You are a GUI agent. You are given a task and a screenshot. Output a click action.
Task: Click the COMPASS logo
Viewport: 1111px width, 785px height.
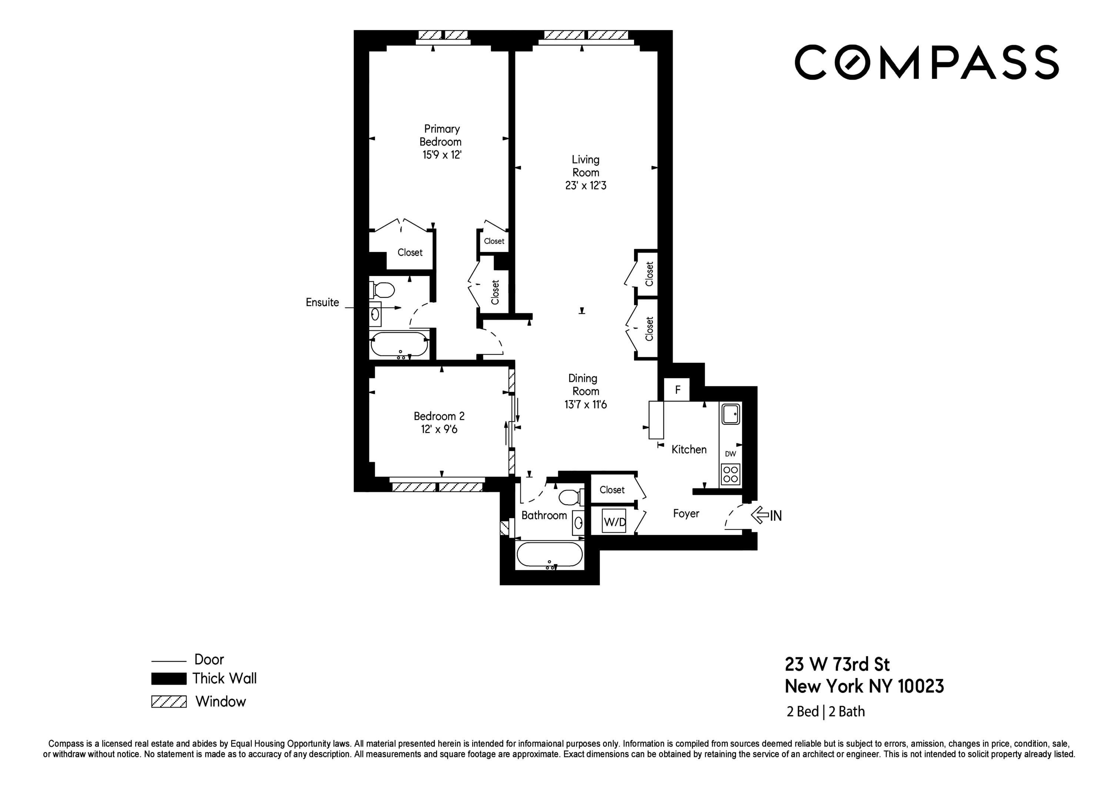[x=926, y=63]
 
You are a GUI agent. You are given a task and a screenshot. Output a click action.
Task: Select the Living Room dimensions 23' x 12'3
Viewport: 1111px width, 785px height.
[x=585, y=185]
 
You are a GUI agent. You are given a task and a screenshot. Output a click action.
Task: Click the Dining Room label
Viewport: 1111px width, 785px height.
[x=583, y=385]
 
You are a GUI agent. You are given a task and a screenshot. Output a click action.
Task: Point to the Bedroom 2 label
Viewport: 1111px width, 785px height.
[x=439, y=416]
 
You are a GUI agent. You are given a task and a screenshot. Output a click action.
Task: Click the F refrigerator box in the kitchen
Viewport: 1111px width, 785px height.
[x=677, y=390]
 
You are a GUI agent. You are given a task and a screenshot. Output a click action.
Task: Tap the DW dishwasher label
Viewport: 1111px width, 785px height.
[x=730, y=454]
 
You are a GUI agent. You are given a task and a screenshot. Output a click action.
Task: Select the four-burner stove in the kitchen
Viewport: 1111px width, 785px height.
[x=730, y=474]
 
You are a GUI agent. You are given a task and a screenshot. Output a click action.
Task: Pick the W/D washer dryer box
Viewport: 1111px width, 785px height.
[x=614, y=522]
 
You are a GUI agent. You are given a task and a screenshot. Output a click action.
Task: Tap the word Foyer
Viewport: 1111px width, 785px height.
[x=685, y=513]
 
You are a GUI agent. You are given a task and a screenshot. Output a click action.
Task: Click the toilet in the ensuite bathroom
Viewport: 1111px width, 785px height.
[x=383, y=290]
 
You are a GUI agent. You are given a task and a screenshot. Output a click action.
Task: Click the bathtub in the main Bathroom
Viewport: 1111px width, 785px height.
[x=550, y=555]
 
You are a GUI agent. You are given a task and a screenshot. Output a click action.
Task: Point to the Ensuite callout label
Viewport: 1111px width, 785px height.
[x=322, y=302]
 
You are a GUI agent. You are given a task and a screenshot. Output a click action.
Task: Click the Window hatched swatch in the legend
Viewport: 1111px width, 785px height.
[x=169, y=701]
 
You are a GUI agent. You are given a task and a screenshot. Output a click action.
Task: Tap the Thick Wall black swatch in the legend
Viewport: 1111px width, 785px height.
[x=169, y=678]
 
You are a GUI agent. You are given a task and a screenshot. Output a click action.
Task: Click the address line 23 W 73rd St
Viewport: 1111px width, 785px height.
[x=837, y=665]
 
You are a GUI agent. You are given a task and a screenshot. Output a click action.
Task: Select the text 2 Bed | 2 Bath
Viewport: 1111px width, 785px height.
[x=825, y=711]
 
